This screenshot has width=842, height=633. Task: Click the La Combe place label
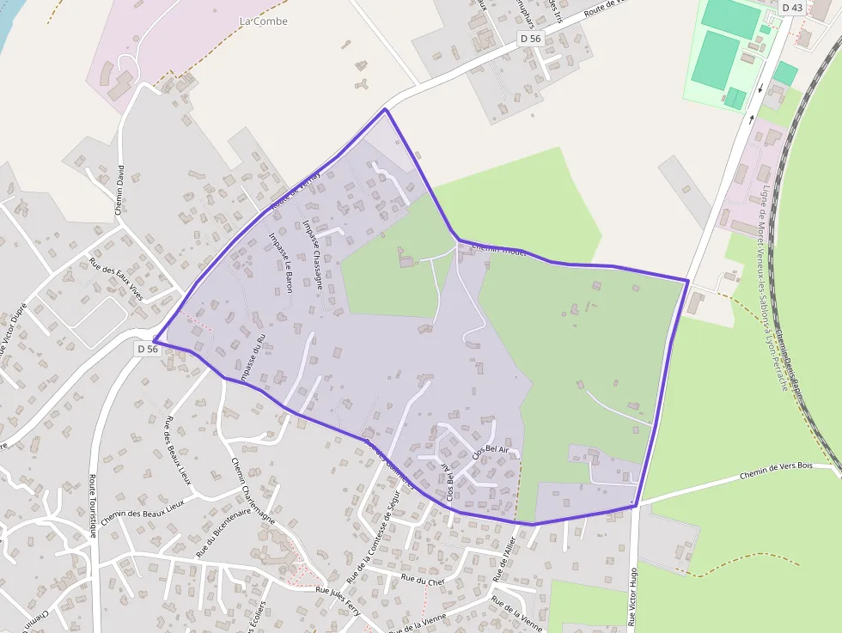[264, 21]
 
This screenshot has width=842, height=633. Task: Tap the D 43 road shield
[792, 8]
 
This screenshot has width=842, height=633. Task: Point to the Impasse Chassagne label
[313, 253]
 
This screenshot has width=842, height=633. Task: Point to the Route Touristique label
[92, 507]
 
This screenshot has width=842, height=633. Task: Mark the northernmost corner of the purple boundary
[385, 109]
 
